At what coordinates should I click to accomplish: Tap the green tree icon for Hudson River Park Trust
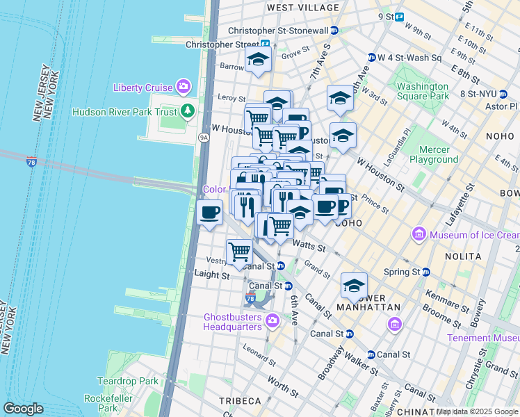187,111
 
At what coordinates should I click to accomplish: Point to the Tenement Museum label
483,338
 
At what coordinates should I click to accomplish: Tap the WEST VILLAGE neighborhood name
302,8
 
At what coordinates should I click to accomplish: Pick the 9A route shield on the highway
204,138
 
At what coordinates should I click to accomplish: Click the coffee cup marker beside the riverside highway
209,213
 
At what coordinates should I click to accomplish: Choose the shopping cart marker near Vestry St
239,252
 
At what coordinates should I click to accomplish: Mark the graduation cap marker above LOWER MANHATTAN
354,286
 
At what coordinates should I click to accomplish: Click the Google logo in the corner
23,409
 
